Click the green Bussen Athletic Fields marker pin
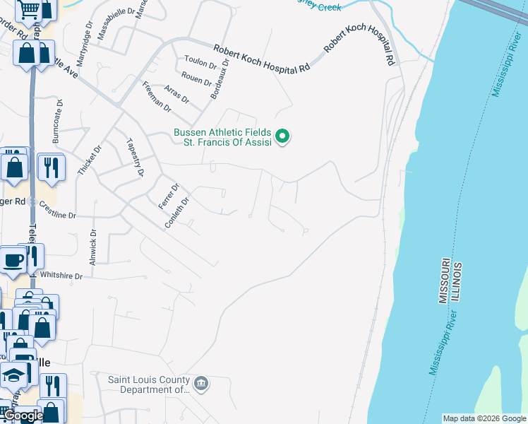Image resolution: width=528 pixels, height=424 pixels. coord(282,136)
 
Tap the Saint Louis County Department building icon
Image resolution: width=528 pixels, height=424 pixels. coord(201,384)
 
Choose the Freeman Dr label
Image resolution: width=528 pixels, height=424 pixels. coord(157,97)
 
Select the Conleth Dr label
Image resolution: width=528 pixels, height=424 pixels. coord(177,213)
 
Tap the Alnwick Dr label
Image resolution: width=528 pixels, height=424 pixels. coord(93,247)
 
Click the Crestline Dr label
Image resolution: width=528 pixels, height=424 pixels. coord(57,210)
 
